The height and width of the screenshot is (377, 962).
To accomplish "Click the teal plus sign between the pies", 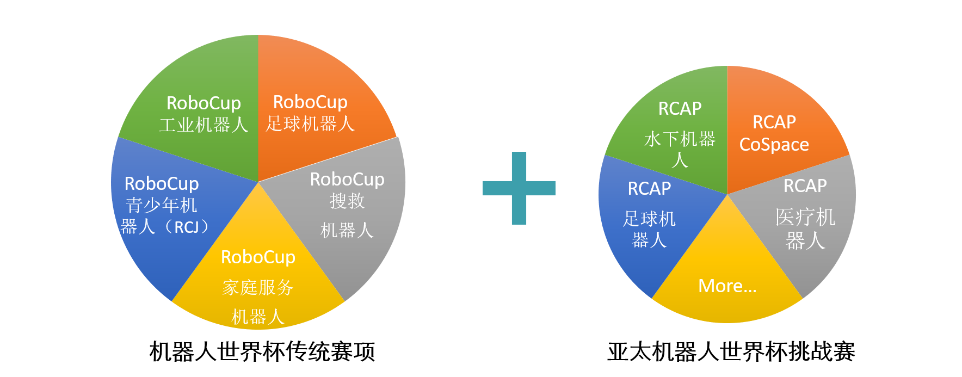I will click(x=519, y=188).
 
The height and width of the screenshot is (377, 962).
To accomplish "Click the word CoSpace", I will click(x=774, y=145).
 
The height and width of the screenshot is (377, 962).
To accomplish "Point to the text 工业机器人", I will click(x=203, y=125).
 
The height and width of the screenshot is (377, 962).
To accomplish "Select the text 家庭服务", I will click(x=258, y=287).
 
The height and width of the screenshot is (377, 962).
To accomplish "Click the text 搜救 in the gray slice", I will click(x=347, y=201).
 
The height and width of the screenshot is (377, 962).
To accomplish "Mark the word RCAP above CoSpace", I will click(x=774, y=122).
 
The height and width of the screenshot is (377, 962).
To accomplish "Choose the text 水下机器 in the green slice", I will click(x=680, y=139).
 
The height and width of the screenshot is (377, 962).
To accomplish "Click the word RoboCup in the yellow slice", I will click(x=258, y=257).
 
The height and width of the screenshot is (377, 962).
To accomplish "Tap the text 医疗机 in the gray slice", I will click(x=805, y=218).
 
